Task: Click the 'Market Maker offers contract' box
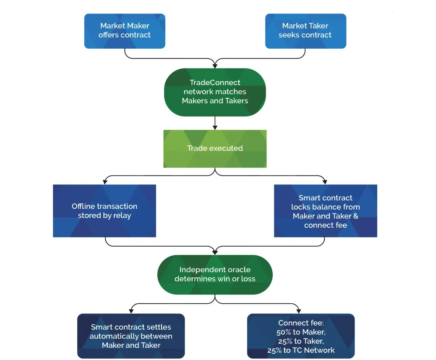tap(125, 31)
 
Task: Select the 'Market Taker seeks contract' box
tap(305, 31)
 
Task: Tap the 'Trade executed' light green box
tap(215, 149)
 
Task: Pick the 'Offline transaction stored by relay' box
tap(104, 211)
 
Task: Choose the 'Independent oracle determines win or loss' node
tap(215, 275)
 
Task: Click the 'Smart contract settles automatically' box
tap(131, 336)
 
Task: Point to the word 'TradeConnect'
tap(215, 82)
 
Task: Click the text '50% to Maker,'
tap(301, 332)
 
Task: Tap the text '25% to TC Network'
tap(301, 350)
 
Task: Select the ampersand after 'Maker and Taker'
tap(356, 216)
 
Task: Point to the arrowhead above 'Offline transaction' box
tap(105, 182)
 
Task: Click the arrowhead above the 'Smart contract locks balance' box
tap(325, 182)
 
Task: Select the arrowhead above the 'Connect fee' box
tap(298, 311)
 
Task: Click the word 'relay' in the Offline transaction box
tap(123, 216)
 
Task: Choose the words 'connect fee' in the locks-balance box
tap(326, 225)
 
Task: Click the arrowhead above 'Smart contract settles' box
tap(131, 311)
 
